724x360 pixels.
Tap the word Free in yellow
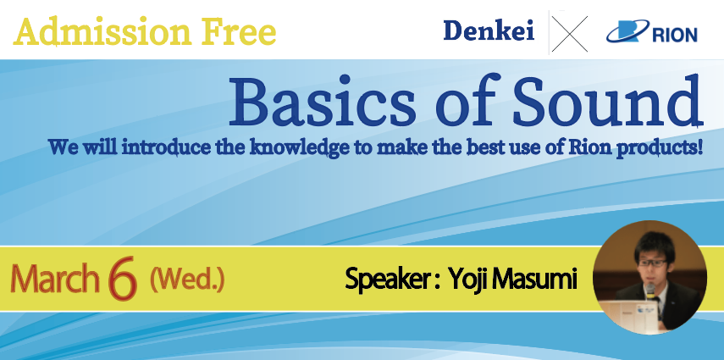239,31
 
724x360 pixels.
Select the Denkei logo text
489,31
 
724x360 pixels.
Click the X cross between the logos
569,34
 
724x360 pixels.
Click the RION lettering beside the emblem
675,35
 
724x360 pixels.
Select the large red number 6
122,278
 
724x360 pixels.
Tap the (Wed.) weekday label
187,280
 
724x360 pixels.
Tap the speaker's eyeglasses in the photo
652,263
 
